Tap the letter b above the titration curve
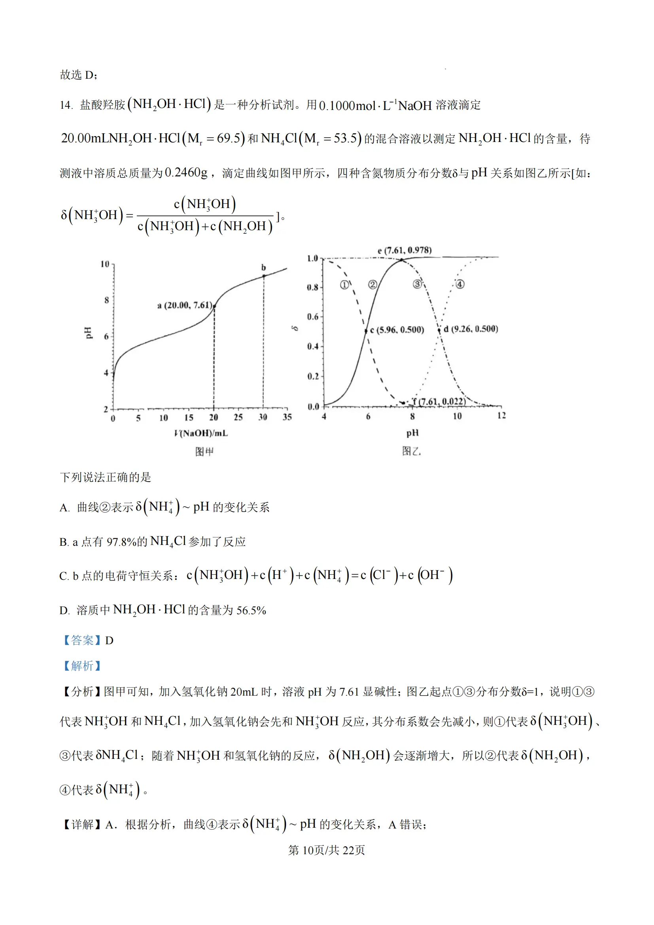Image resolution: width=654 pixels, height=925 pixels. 263,267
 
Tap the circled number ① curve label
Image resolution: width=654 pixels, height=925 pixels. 344,285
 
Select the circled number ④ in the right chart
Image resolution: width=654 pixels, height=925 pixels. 459,284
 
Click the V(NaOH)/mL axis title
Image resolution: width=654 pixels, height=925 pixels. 201,433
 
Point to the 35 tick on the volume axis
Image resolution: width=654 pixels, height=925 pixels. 287,417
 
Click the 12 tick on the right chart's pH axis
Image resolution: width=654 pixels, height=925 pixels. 501,415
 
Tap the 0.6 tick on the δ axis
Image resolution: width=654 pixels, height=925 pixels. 312,317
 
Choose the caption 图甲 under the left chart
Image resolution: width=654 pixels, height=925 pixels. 204,452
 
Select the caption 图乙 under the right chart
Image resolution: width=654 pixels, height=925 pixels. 411,451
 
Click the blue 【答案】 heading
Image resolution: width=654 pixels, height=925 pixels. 82,640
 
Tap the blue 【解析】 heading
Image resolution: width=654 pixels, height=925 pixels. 82,666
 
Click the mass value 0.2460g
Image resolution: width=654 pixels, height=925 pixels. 187,173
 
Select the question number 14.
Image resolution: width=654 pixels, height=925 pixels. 66,106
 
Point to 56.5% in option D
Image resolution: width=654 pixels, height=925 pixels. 251,610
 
